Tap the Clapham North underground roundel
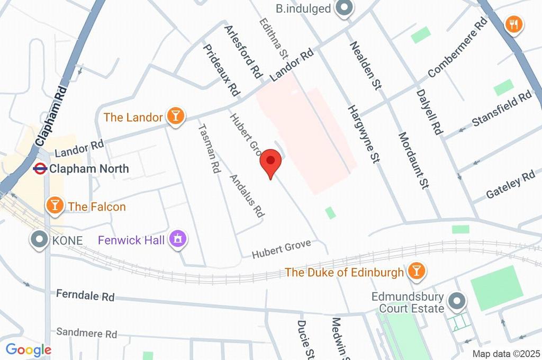tap(40, 169)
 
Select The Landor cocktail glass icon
tap(176, 116)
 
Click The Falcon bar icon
tap(54, 206)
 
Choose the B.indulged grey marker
tap(345, 8)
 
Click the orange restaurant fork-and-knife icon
tap(514, 24)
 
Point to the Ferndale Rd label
tap(85, 295)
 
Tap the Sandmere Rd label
tap(86, 334)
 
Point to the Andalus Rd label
tap(246, 196)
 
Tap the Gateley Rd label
tap(511, 185)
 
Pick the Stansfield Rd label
tap(502, 109)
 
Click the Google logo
tap(28, 350)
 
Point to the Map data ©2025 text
tap(506, 354)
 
